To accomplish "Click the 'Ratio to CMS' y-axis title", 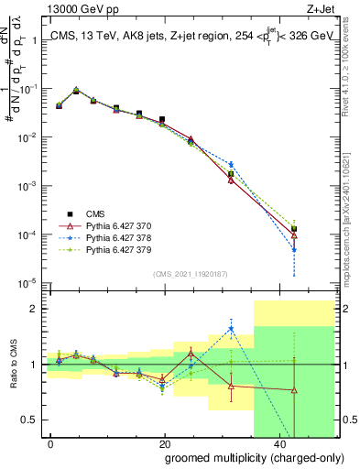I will pyautogui.click(x=13, y=365).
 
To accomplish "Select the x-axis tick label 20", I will pyautogui.click(x=165, y=443).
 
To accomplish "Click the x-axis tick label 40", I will pyautogui.click(x=279, y=443).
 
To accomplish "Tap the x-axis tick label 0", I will pyautogui.click(x=50, y=443).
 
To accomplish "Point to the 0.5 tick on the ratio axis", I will pyautogui.click(x=32, y=420).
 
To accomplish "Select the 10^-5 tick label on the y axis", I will pyautogui.click(x=27, y=283).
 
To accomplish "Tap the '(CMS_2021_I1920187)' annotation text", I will pyautogui.click(x=190, y=274).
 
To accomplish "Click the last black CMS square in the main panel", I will pyautogui.click(x=294, y=228).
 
